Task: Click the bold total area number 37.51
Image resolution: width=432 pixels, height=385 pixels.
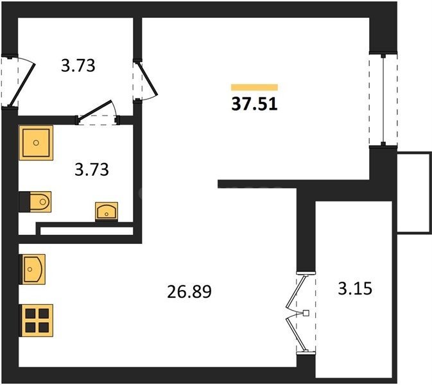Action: click(x=254, y=105)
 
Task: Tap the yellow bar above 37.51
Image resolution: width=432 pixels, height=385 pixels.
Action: click(x=254, y=87)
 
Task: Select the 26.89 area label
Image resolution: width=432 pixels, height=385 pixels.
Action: click(x=189, y=292)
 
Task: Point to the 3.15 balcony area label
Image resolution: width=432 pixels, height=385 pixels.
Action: click(x=355, y=289)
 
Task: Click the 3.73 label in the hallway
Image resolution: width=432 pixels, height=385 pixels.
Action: click(x=78, y=66)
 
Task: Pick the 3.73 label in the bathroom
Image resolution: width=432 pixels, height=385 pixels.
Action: click(x=92, y=169)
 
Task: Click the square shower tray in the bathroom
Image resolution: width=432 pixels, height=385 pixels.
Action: click(x=36, y=142)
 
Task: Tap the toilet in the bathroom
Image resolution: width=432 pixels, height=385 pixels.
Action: click(x=35, y=202)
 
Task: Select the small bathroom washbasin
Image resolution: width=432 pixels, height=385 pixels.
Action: click(x=107, y=212)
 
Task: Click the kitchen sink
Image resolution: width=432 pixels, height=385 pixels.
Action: click(x=32, y=269)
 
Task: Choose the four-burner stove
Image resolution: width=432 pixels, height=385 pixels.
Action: click(x=36, y=321)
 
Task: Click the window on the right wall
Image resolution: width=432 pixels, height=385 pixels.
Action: click(x=383, y=99)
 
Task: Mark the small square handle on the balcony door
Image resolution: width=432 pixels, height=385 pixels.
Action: click(x=306, y=313)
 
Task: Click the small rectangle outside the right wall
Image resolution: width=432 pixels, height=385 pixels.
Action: click(x=414, y=193)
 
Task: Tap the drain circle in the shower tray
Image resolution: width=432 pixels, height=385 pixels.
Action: click(x=36, y=142)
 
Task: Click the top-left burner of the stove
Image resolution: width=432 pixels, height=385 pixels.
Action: click(x=30, y=313)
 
